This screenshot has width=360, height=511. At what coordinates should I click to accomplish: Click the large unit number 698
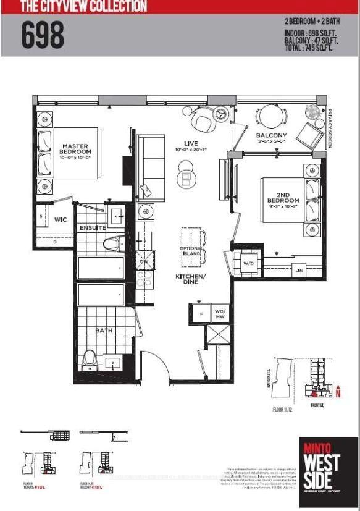(43, 35)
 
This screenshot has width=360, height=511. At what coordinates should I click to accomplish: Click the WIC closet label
(61, 219)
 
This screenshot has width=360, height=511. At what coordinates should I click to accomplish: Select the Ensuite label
(93, 228)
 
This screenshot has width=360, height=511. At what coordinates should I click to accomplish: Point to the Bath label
(103, 331)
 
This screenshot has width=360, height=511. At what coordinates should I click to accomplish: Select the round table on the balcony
(268, 116)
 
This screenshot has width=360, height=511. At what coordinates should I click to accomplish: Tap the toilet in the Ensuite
(112, 243)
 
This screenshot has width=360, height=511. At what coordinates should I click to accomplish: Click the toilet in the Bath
(90, 359)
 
